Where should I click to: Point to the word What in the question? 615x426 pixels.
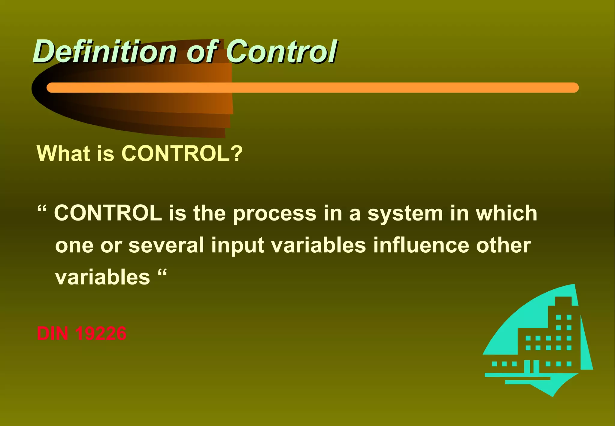coord(63,154)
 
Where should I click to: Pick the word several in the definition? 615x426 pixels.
coord(166,245)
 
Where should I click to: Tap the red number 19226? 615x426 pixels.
coord(101,333)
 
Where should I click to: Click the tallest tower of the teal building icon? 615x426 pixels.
coord(563,312)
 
